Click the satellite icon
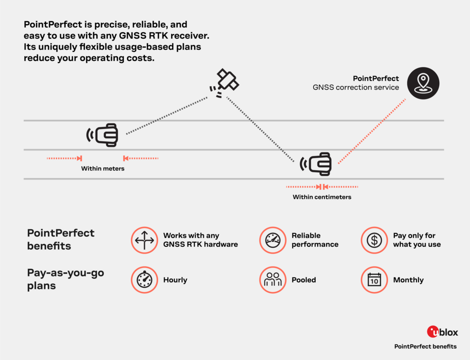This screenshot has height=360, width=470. (224, 83)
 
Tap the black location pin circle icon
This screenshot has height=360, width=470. (423, 83)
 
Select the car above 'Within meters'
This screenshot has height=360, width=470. (102, 135)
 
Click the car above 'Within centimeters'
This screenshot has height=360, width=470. (316, 164)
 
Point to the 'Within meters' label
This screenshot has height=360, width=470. (102, 169)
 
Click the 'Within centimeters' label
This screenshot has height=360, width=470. (322, 197)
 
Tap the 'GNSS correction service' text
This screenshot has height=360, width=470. (356, 88)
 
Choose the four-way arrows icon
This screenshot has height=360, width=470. (144, 240)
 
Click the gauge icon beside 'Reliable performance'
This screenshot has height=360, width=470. (273, 240)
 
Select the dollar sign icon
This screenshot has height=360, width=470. (374, 240)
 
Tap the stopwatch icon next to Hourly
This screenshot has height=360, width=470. (144, 280)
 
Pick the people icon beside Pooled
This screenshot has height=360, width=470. (273, 280)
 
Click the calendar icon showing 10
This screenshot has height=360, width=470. (374, 280)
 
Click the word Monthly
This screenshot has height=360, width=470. (408, 280)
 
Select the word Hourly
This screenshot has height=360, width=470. (175, 280)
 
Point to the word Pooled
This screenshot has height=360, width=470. (304, 280)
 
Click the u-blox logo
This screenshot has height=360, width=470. (442, 332)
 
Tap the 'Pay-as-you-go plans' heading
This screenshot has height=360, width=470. (65, 279)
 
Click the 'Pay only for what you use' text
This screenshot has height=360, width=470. (417, 240)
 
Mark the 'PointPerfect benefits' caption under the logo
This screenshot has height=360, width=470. (425, 347)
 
